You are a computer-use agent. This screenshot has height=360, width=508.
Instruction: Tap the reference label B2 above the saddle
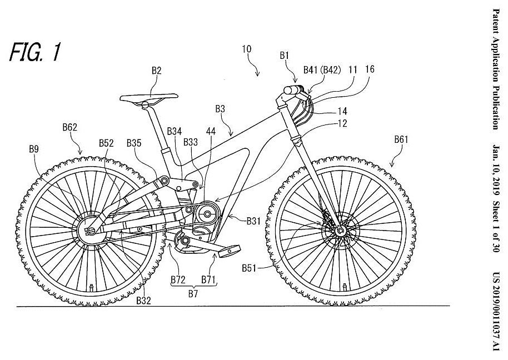156,71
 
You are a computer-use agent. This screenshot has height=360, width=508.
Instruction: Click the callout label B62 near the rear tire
70,127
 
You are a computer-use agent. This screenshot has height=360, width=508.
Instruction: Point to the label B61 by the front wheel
401,140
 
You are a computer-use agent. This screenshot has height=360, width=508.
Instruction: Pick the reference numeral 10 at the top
246,49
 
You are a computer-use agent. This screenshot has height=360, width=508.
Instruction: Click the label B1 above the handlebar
285,56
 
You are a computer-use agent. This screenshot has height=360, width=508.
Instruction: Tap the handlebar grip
291,89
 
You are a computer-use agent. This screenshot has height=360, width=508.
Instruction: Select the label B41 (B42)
321,69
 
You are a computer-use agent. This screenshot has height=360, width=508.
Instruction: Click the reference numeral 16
370,69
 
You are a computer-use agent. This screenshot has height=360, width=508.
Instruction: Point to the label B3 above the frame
221,109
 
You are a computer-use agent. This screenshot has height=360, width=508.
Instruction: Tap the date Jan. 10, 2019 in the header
496,167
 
